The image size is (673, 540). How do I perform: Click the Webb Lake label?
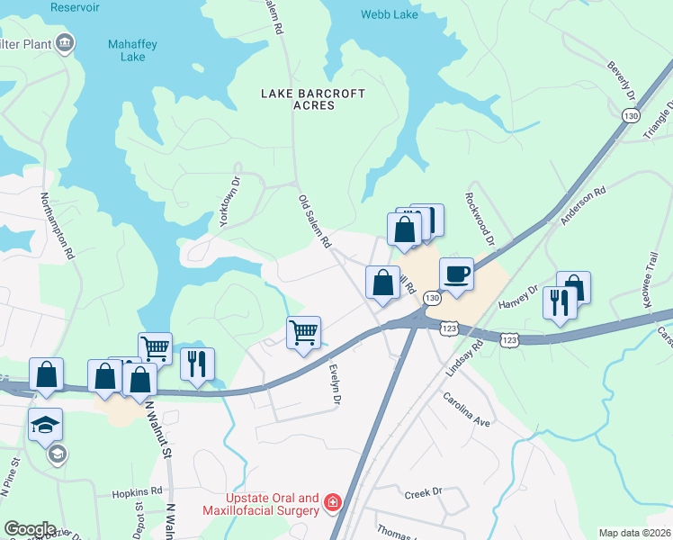[390, 14]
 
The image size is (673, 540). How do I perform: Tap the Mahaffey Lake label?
[127, 50]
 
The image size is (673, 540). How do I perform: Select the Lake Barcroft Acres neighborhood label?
[297, 99]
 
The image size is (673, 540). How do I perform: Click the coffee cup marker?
[456, 274]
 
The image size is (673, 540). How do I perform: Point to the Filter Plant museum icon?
[65, 42]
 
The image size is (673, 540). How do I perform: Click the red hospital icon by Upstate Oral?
[332, 502]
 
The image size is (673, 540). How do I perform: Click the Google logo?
[30, 529]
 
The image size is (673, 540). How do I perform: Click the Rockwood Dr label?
[480, 219]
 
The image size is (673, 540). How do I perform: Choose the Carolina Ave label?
[465, 409]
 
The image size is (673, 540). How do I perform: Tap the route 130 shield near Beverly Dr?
[631, 116]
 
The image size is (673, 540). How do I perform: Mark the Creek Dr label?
[424, 492]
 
